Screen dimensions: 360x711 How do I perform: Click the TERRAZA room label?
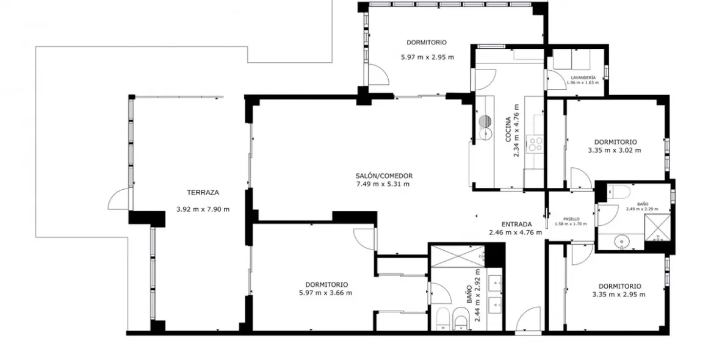coord(203,192)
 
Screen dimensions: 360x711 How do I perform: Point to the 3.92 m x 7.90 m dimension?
coord(203,209)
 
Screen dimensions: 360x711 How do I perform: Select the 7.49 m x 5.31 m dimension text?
coord(383,184)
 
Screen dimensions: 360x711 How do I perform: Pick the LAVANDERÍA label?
coord(583,78)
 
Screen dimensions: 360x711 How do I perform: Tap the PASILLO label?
coord(571,218)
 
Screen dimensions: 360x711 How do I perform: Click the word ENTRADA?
coord(517,223)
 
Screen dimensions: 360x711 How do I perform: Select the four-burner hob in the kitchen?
coord(535,145)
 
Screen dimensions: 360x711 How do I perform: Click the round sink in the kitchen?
coord(486,121)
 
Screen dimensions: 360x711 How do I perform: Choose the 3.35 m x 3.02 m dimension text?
coord(615,150)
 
